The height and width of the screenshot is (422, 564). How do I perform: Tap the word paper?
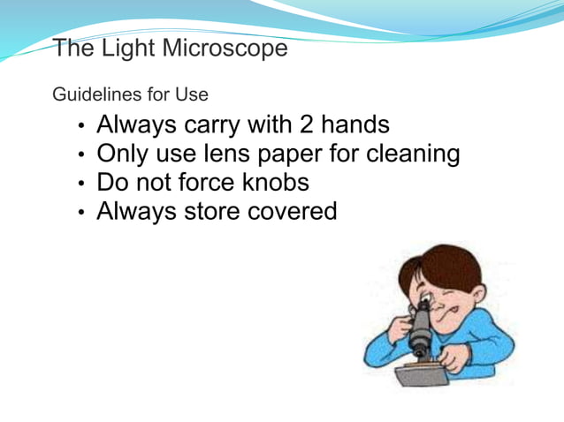click(300, 155)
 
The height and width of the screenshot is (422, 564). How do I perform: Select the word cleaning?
click(414, 154)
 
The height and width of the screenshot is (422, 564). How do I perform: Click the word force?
click(220, 183)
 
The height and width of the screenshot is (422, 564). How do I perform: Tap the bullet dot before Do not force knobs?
click(82, 185)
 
